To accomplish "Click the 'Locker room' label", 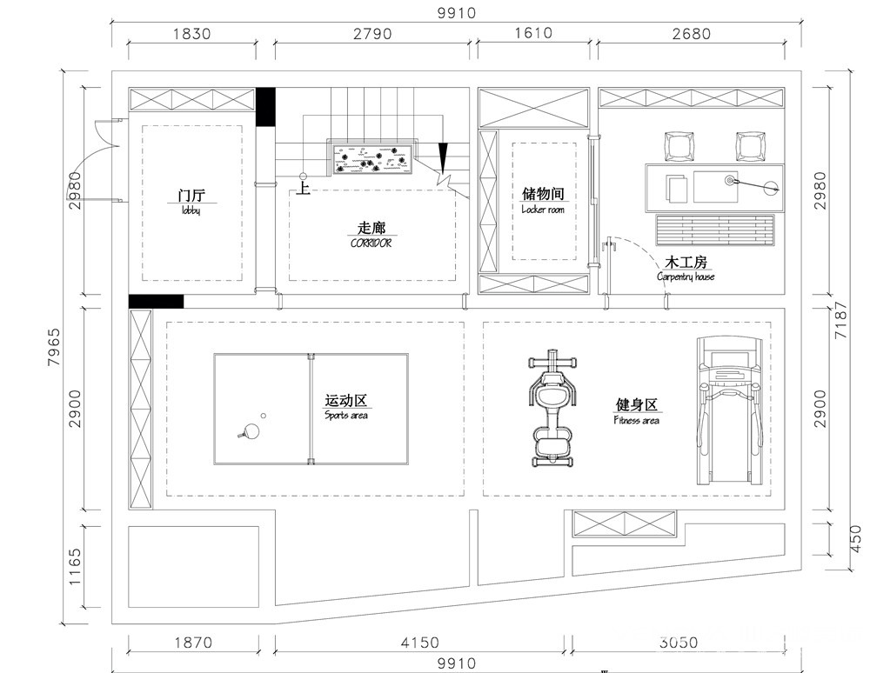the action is click(543, 210).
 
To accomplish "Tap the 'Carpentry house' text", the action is click(686, 277).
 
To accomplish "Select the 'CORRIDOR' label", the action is click(371, 243).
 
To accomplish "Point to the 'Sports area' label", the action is click(345, 416).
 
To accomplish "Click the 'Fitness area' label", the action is click(637, 420).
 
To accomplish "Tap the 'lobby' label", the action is click(191, 210).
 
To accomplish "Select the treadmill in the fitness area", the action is click(728, 410).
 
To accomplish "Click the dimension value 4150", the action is click(419, 643).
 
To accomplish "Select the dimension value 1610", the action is click(533, 33).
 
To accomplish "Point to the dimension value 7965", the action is click(54, 348).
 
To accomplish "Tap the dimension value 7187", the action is click(841, 320).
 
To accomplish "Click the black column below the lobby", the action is click(156, 301).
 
